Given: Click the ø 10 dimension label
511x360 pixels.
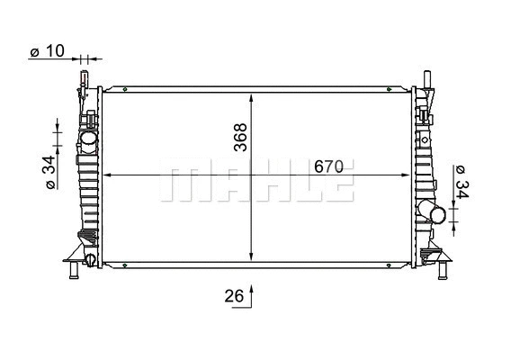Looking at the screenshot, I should point(47,52).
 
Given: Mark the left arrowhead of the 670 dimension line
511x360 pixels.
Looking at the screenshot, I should point(108,175).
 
